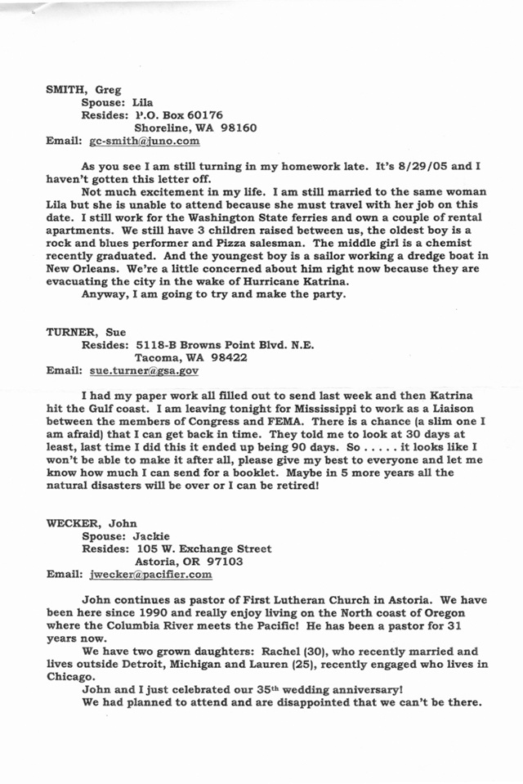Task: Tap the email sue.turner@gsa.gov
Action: [x=144, y=370]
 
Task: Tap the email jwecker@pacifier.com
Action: [x=151, y=575]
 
